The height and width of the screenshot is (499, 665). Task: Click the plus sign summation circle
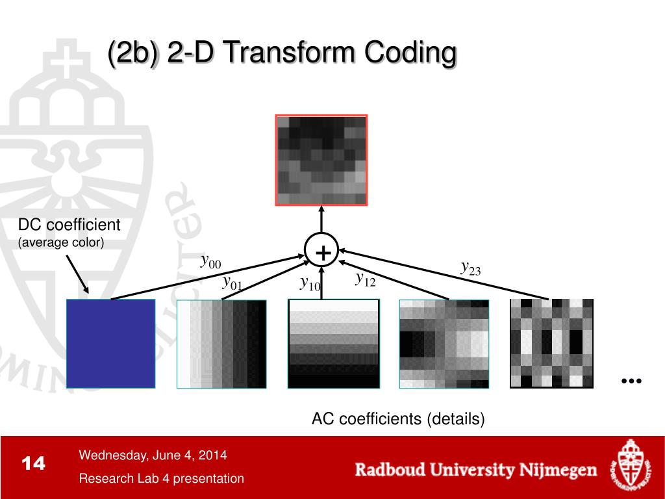(322, 252)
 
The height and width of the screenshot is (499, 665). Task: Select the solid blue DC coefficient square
(111, 343)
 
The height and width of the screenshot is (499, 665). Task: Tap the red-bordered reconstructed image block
(321, 160)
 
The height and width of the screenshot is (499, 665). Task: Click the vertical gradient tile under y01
(221, 344)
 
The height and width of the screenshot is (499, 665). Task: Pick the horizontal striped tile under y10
(333, 344)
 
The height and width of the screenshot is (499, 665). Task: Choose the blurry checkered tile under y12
(444, 344)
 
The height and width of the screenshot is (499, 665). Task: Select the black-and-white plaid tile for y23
(552, 344)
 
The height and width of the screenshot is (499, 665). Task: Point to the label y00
(210, 262)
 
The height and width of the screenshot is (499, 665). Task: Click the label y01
(232, 282)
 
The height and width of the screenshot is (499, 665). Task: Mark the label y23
(471, 267)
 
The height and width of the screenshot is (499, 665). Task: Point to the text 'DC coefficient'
(69, 225)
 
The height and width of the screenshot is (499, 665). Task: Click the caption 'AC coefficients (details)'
(398, 419)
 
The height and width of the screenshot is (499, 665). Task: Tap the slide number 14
(33, 463)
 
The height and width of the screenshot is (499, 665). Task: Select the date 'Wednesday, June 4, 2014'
(153, 455)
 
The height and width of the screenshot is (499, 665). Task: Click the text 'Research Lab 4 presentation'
(161, 479)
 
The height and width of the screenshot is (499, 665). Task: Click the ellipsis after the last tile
(631, 380)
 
